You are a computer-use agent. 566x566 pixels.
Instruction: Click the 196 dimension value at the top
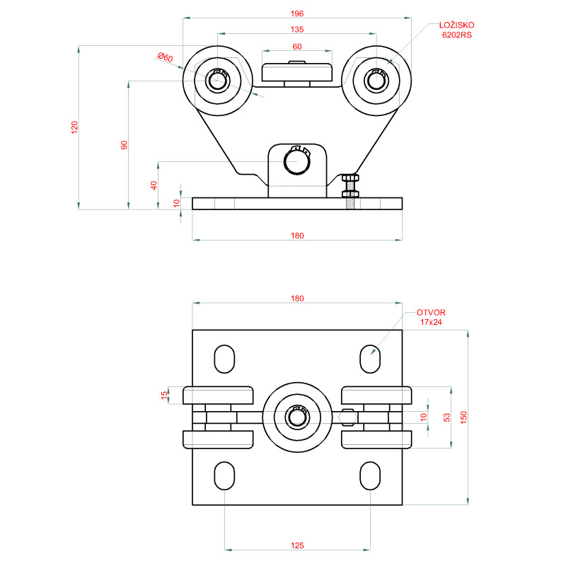coord(296,13)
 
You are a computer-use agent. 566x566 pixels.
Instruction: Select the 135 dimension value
coord(297,29)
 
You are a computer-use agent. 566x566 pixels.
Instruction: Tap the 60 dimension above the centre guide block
coord(297,46)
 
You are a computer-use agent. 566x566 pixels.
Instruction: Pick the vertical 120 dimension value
coord(74,127)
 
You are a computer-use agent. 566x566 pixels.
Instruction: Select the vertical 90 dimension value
coord(124,145)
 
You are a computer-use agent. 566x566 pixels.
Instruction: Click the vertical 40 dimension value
coord(154,185)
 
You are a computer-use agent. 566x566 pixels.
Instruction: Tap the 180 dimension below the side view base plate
coord(297,236)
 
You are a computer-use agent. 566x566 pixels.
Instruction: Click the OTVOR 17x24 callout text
coord(431,316)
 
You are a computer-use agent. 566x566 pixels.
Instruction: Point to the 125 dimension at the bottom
coord(297,545)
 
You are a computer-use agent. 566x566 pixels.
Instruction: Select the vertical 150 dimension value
coord(464,417)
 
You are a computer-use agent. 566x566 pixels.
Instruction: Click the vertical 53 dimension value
coord(446,417)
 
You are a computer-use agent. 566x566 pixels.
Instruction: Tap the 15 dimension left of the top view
coord(164,394)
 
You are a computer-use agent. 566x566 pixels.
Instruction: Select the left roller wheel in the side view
coord(218,81)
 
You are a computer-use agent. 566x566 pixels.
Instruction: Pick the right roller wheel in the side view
coord(376,81)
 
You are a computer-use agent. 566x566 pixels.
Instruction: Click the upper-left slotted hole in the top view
coord(225,359)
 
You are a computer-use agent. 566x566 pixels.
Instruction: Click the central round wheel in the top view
coord(297,417)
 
